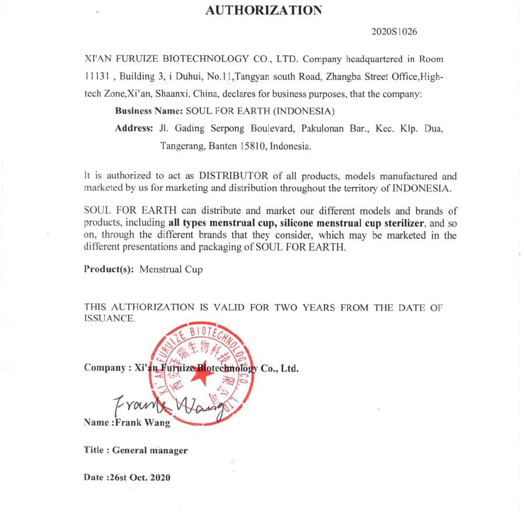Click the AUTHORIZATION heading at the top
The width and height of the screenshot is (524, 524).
[x=263, y=9]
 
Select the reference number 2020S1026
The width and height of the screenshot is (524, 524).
[x=394, y=31]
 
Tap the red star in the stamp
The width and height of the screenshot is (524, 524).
[x=201, y=378]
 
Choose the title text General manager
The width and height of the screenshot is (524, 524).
[x=150, y=450]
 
